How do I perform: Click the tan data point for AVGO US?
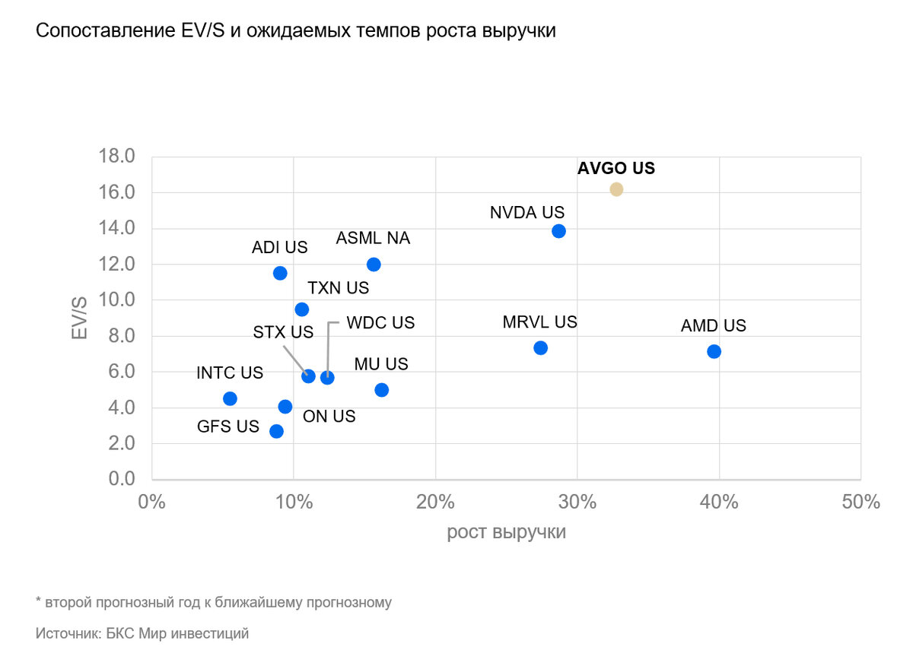[x=616, y=189]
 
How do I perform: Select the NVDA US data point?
[x=558, y=231]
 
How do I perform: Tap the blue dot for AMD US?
[x=714, y=351]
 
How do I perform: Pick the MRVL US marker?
[x=541, y=348]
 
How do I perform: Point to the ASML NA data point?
[x=374, y=265]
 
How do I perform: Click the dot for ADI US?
[x=280, y=273]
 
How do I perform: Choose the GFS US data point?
[x=276, y=431]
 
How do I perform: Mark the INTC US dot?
[x=230, y=398]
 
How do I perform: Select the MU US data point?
[x=382, y=390]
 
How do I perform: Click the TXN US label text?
[x=338, y=288]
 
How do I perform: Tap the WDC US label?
[x=380, y=322]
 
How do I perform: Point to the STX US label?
[x=283, y=332]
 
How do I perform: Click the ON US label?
[x=329, y=417]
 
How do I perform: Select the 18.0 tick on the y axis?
[x=116, y=157]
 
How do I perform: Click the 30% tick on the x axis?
[x=577, y=503]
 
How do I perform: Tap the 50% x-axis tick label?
[x=861, y=503]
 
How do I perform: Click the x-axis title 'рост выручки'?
[x=506, y=532]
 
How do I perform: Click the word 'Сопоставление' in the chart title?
[x=100, y=32]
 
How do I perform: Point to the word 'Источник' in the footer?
[x=67, y=633]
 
